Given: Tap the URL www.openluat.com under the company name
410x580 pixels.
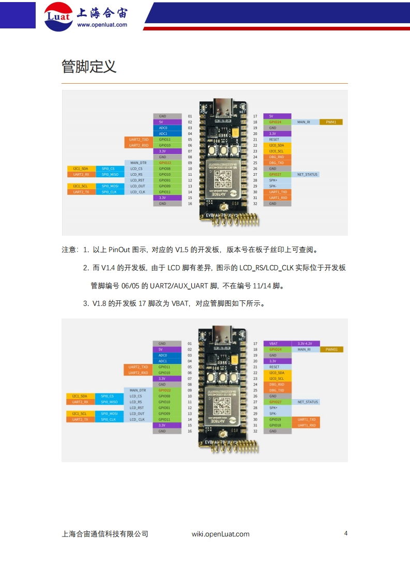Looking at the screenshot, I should [x=102, y=24].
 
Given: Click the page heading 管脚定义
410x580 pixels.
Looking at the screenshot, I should [x=88, y=67].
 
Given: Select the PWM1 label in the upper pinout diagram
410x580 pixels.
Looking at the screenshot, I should [x=331, y=122].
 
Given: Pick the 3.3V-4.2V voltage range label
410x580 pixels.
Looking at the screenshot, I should [x=305, y=344].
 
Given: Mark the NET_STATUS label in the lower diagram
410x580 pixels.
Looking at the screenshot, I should [x=308, y=402].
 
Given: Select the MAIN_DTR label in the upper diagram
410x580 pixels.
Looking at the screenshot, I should [x=139, y=163].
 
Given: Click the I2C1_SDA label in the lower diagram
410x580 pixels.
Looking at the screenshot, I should [x=80, y=396].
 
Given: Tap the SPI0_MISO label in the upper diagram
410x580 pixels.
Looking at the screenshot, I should [x=109, y=174].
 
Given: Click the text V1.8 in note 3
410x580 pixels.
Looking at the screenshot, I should [x=99, y=303].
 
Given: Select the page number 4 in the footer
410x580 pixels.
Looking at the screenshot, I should [x=345, y=533].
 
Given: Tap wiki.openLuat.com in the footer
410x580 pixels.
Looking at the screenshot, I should [x=220, y=534].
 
